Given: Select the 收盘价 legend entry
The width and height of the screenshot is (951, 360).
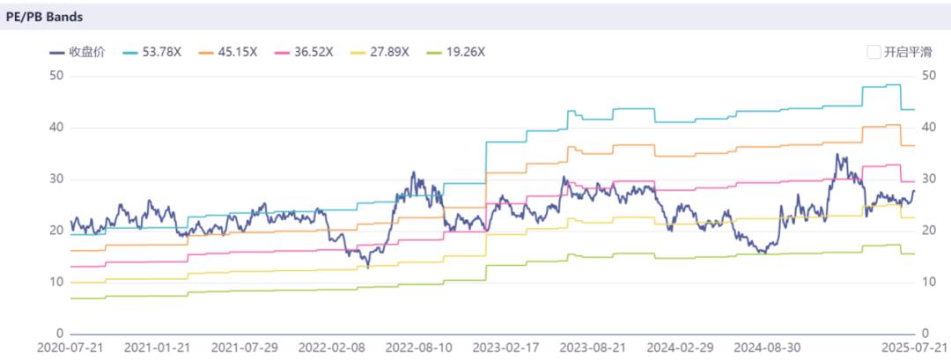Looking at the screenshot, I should (78, 52).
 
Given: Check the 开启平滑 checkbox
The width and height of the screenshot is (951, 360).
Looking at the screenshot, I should (874, 52).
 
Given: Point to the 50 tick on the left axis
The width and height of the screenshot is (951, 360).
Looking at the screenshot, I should (55, 76).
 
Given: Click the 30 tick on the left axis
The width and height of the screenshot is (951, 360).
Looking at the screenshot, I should (55, 180).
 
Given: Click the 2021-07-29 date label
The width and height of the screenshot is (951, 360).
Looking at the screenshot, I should (243, 348).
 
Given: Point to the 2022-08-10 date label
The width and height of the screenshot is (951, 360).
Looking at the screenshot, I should (418, 348).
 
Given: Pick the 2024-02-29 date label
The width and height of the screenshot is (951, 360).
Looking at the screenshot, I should (680, 348).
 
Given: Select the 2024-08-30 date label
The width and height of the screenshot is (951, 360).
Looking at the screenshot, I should (767, 348).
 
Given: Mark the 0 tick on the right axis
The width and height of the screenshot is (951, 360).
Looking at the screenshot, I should (925, 334).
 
